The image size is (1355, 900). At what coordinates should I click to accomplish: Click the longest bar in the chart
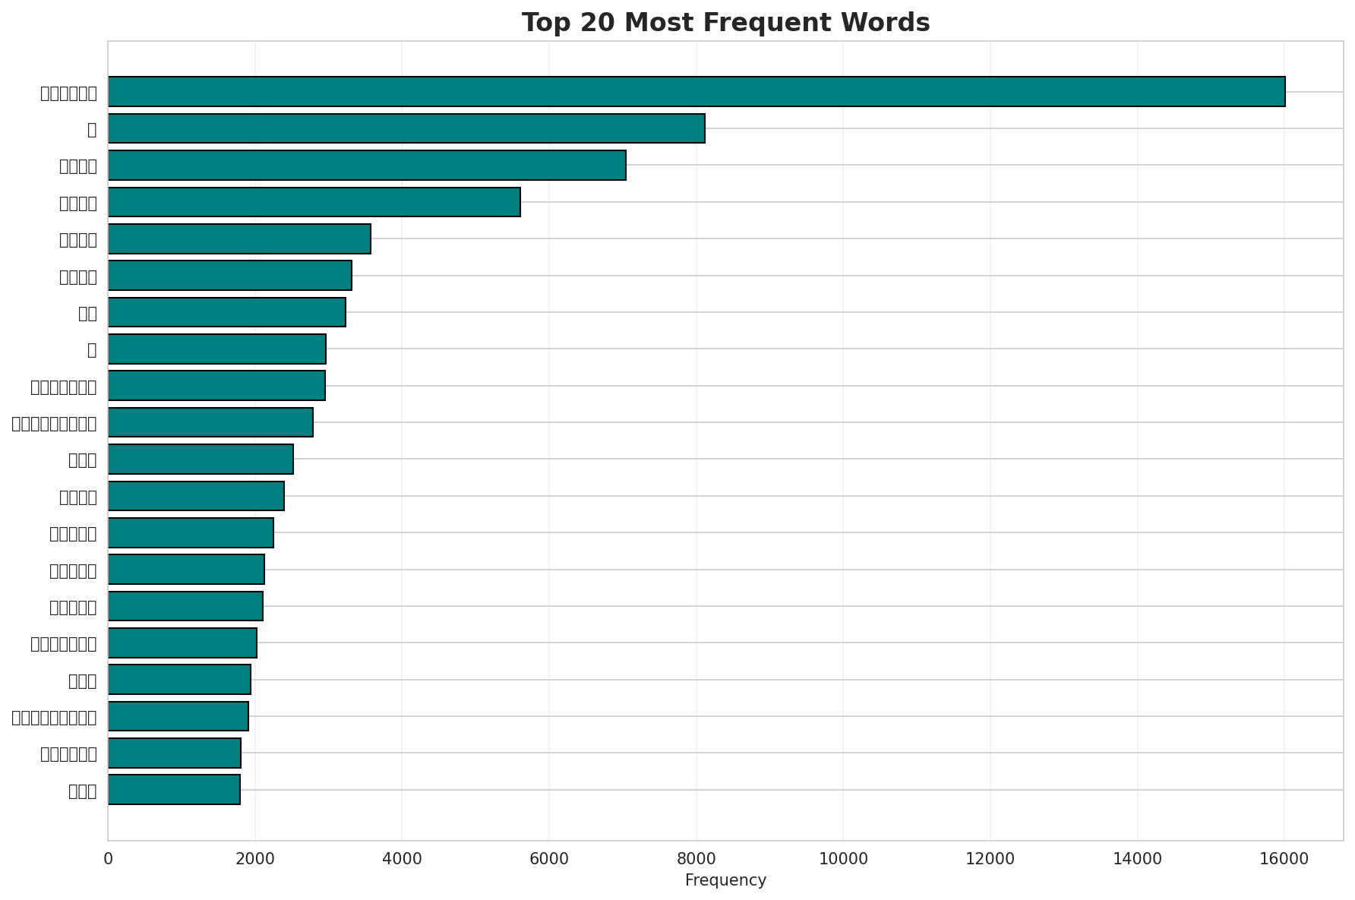pos(696,92)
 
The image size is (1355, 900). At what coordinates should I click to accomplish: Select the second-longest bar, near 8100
pos(406,128)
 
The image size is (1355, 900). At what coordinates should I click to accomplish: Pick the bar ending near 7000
pos(367,165)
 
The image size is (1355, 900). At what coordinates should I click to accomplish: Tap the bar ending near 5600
pos(314,202)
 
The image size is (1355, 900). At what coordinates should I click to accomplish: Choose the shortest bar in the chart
pos(174,790)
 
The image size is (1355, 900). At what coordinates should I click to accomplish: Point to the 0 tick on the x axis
pos(108,859)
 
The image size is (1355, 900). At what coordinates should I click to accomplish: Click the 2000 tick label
pos(255,859)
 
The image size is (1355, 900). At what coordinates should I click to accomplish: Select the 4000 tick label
pos(402,859)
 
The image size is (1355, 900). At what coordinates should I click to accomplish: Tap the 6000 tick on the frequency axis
pos(549,859)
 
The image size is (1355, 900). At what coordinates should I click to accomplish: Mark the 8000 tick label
pos(696,859)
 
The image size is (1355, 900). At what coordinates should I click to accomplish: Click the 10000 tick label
pos(843,859)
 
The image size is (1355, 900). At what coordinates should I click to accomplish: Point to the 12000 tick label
pos(990,859)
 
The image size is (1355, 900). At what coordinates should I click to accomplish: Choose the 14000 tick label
pos(1137,859)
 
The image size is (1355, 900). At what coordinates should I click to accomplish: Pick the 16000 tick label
pos(1284,859)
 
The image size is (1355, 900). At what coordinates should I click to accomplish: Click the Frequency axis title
pos(725,881)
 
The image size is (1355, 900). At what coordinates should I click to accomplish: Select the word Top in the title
pos(545,24)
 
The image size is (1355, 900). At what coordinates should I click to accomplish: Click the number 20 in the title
pos(596,24)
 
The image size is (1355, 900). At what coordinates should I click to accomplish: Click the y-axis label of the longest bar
pos(68,93)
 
